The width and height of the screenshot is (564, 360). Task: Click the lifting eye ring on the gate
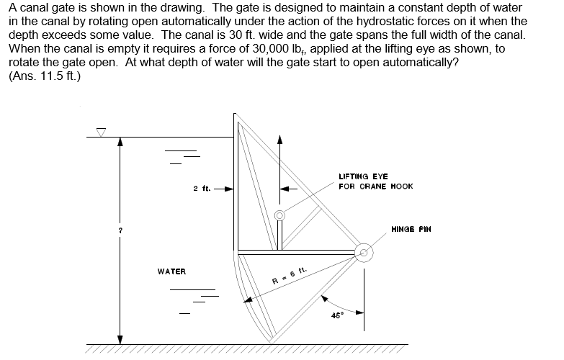point(279,215)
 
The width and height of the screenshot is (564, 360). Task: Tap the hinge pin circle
point(365,251)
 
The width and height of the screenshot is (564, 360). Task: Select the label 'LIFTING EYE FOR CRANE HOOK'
point(375,181)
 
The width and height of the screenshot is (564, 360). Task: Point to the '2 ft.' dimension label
point(202,189)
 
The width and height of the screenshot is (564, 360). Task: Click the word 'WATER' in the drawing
point(171,271)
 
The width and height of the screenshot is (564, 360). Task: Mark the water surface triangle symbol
point(102,132)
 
